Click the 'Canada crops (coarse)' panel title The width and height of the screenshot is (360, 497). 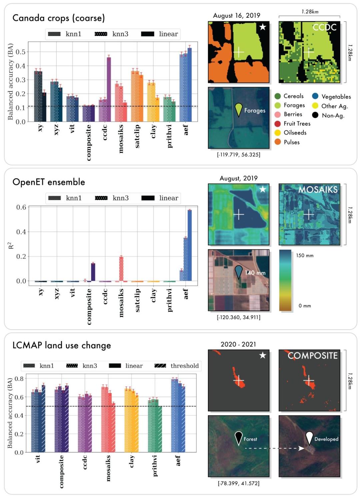tap(59, 18)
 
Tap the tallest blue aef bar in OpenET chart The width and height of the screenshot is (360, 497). tap(189, 245)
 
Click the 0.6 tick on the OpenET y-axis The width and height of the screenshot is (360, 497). tap(21, 207)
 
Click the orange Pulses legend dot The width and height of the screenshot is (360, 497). tap(278, 142)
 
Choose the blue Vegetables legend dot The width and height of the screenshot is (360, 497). tap(315, 96)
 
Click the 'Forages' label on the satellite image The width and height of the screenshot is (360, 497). tap(255, 111)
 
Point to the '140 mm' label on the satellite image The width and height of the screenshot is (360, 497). tap(255, 273)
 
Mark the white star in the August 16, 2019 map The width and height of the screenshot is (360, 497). tap(263, 27)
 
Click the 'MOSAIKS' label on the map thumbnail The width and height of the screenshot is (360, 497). tap(318, 190)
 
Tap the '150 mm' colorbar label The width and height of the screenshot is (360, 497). tap(305, 256)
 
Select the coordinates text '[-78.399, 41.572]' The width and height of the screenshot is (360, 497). tap(238, 483)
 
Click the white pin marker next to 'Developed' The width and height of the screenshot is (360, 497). tap(309, 438)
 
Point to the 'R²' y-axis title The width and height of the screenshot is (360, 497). tap(11, 245)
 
